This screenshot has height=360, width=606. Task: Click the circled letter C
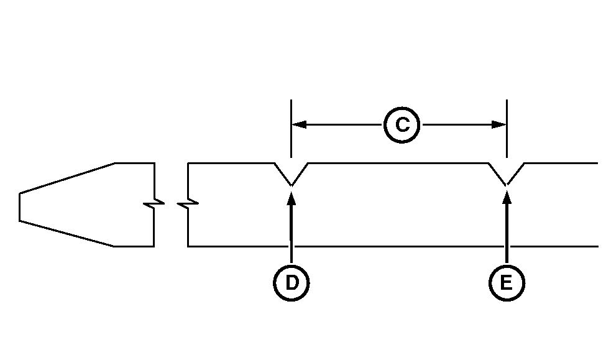[402, 125]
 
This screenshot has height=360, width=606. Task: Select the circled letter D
[291, 283]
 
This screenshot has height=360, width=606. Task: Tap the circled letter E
[507, 283]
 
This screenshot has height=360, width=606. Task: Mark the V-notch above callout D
[291, 177]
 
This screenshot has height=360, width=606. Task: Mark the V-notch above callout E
[507, 177]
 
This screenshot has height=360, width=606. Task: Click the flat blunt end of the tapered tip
[20, 207]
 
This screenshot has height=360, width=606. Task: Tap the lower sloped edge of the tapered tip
[67, 233]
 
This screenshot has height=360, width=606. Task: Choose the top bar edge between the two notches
[398, 163]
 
